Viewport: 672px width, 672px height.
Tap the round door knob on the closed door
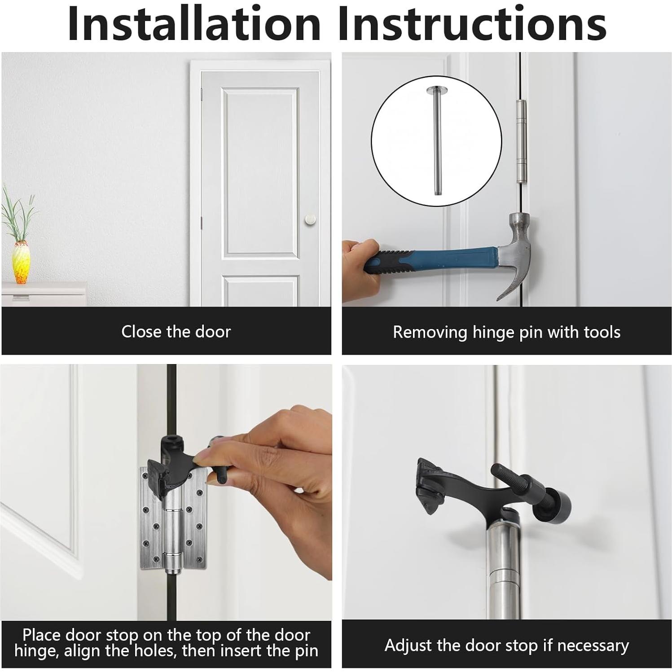(x=310, y=220)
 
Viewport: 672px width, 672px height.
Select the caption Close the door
(x=176, y=332)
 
